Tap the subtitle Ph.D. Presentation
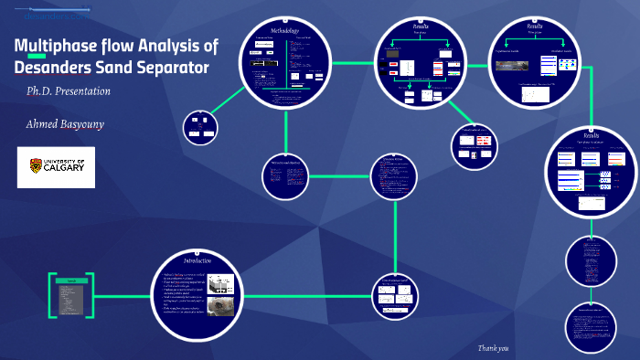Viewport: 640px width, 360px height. tap(69, 91)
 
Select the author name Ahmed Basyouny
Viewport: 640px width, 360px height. tap(65, 123)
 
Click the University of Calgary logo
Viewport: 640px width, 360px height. tap(56, 167)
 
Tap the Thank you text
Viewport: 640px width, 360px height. tap(493, 348)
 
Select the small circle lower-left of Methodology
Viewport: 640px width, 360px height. tap(199, 127)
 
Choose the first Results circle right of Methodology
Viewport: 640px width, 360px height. tap(421, 64)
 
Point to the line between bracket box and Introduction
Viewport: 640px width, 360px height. tap(124, 296)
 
